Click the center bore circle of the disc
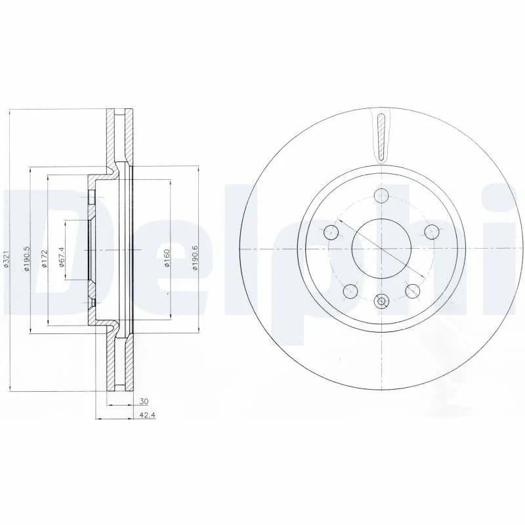381,249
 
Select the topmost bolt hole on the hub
381,195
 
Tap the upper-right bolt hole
431,231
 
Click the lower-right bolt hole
413,291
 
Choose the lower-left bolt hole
350,291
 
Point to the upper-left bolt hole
331,231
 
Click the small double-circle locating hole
381,302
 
